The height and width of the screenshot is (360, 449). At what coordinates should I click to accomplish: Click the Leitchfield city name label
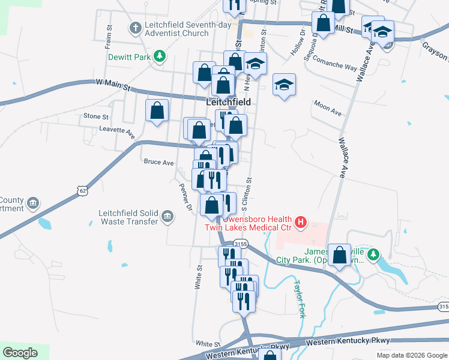click(x=228, y=103)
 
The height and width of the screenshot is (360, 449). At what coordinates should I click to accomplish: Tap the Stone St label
click(x=96, y=116)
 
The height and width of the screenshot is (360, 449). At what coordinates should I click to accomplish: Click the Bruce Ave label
click(x=158, y=162)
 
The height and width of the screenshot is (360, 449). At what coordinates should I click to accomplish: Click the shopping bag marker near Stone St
click(x=157, y=111)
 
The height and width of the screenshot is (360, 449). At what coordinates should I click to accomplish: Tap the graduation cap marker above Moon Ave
click(x=285, y=84)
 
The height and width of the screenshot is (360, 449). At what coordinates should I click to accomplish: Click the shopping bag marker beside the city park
click(x=340, y=255)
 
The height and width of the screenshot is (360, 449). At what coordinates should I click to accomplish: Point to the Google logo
click(x=20, y=353)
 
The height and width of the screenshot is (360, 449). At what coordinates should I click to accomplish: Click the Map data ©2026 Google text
click(x=411, y=355)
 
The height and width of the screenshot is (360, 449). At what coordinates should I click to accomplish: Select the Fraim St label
click(x=109, y=37)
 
